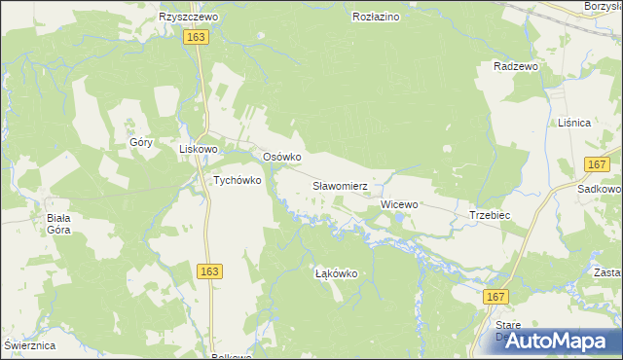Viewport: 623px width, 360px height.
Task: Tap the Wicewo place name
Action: (x=399, y=204)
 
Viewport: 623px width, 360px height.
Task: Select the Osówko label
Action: (x=282, y=157)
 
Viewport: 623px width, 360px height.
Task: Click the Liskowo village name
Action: (x=198, y=150)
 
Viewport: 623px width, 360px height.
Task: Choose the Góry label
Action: (x=142, y=142)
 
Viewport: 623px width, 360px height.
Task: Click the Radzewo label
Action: (x=516, y=66)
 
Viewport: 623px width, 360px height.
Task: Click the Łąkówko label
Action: (x=337, y=274)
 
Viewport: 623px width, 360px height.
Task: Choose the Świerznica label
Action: (x=29, y=346)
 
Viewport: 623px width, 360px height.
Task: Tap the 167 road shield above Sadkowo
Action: (x=597, y=164)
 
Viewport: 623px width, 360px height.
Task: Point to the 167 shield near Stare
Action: (x=496, y=296)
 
